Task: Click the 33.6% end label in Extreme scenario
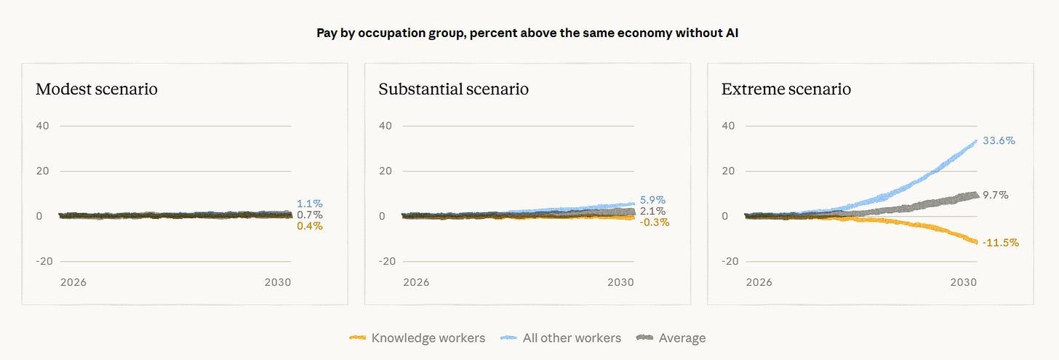click(999, 140)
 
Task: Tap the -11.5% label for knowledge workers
click(1000, 242)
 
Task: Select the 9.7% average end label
click(995, 195)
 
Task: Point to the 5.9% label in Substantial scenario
click(652, 200)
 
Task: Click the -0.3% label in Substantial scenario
click(655, 222)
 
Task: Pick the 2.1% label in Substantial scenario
click(652, 211)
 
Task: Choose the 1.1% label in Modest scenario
click(310, 204)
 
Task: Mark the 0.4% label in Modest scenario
click(310, 226)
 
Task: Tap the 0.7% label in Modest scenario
click(310, 215)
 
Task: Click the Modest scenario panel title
click(97, 89)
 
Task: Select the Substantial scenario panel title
click(453, 89)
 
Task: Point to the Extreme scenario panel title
click(786, 89)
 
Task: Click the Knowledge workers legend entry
click(417, 337)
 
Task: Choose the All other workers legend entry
click(561, 337)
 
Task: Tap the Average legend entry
click(671, 337)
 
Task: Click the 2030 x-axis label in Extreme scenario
click(963, 282)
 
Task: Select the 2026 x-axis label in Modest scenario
click(73, 282)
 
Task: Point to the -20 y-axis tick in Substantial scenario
click(387, 261)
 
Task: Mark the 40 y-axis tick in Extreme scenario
click(728, 126)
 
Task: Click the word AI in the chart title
click(732, 33)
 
